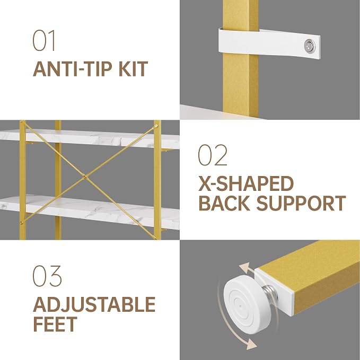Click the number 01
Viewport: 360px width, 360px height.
44,40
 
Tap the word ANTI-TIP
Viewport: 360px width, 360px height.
73,69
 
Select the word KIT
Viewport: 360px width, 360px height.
133,69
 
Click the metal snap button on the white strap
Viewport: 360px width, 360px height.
310,45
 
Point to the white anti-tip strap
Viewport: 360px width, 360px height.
269,43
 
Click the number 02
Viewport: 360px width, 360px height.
213,155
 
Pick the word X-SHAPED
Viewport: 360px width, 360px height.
246,183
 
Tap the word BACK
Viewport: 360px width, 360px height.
224,203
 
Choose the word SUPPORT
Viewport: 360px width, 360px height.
301,203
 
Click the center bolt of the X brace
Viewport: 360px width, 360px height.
85,177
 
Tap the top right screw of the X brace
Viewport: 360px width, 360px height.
156,126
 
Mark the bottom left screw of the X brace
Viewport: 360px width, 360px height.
22,223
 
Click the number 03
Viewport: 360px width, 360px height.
47,276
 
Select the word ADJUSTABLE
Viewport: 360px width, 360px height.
94,304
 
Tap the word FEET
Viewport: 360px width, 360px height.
55,324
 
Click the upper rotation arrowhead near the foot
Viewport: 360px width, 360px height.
244,267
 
